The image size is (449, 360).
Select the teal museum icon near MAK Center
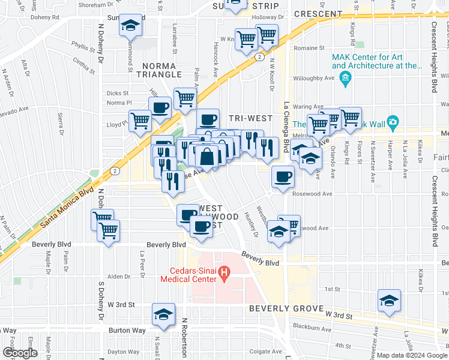(345, 79)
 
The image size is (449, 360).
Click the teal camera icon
(393, 122)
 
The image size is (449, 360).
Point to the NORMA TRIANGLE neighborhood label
(161, 70)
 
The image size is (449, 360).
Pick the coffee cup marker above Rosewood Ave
(282, 176)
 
